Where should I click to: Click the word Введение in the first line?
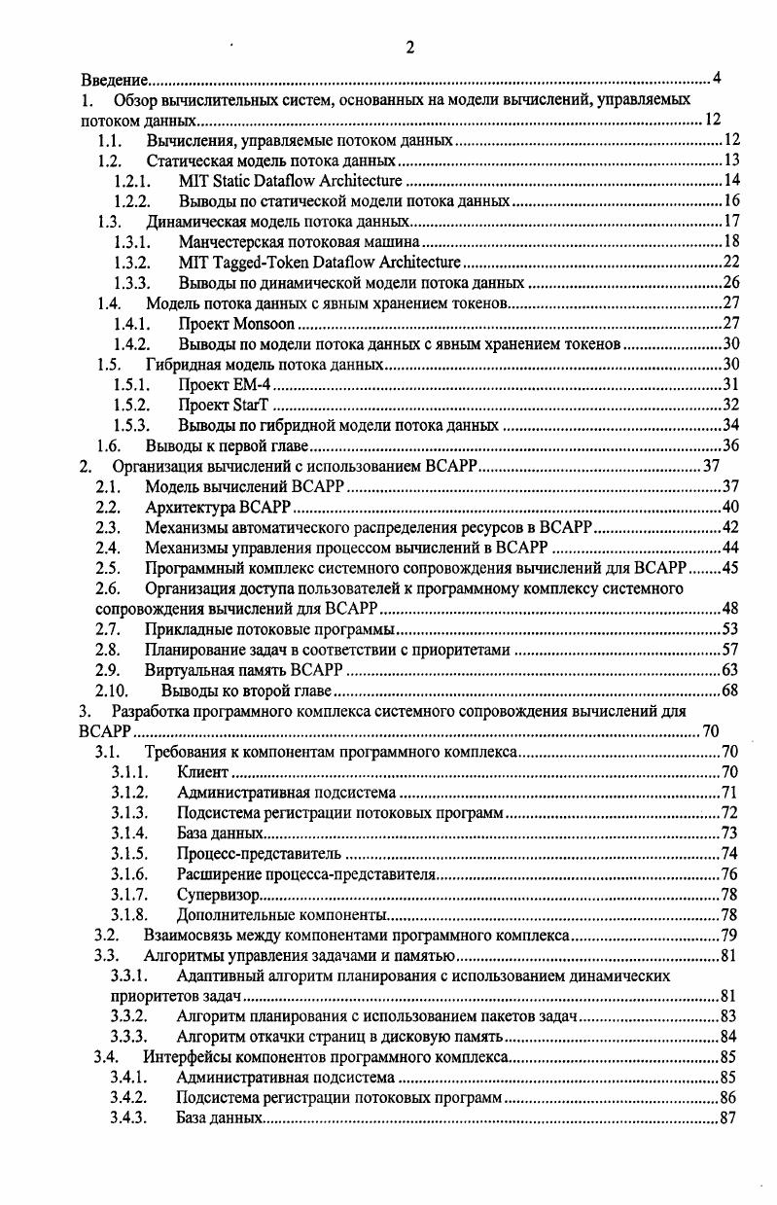pos(113,79)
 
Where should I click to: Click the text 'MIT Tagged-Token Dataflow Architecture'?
pos(320,262)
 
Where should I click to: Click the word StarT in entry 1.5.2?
pos(251,406)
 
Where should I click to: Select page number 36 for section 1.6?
pos(732,446)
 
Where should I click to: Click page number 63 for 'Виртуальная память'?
pos(731,670)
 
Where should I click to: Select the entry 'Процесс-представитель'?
pos(259,854)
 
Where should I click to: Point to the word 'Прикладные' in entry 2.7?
pos(183,629)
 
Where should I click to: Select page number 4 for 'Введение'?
pos(717,79)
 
